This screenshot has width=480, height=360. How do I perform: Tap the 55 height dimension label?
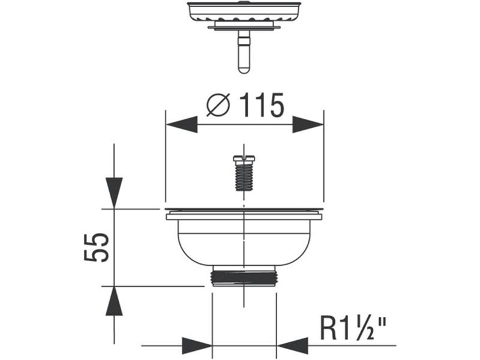point(95,246)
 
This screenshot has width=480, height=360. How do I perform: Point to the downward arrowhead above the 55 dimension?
point(113,192)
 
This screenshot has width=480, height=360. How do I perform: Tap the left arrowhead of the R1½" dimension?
point(196,346)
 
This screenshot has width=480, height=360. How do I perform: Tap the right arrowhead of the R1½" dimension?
point(292,346)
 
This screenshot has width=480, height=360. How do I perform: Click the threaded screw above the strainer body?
point(244,173)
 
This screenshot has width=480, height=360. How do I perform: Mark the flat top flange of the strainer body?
point(244,211)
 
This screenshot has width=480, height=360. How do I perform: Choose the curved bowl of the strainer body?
point(244,243)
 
